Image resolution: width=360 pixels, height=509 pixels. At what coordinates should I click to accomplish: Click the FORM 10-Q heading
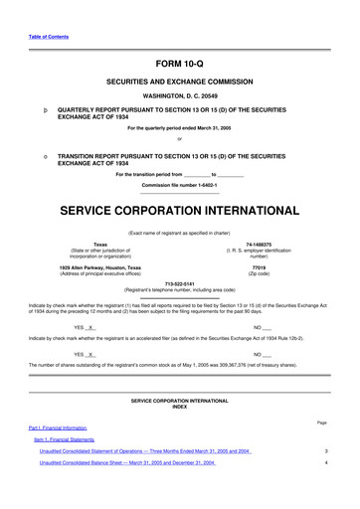coord(179,63)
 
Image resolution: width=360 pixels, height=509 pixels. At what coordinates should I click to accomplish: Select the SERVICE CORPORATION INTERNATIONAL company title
coord(179,212)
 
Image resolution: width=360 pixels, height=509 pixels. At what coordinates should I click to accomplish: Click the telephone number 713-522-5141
coord(179,281)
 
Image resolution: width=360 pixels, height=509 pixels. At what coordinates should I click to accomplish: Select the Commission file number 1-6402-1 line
coord(179,187)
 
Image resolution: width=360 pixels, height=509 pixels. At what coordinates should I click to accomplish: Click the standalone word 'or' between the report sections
coord(179,139)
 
